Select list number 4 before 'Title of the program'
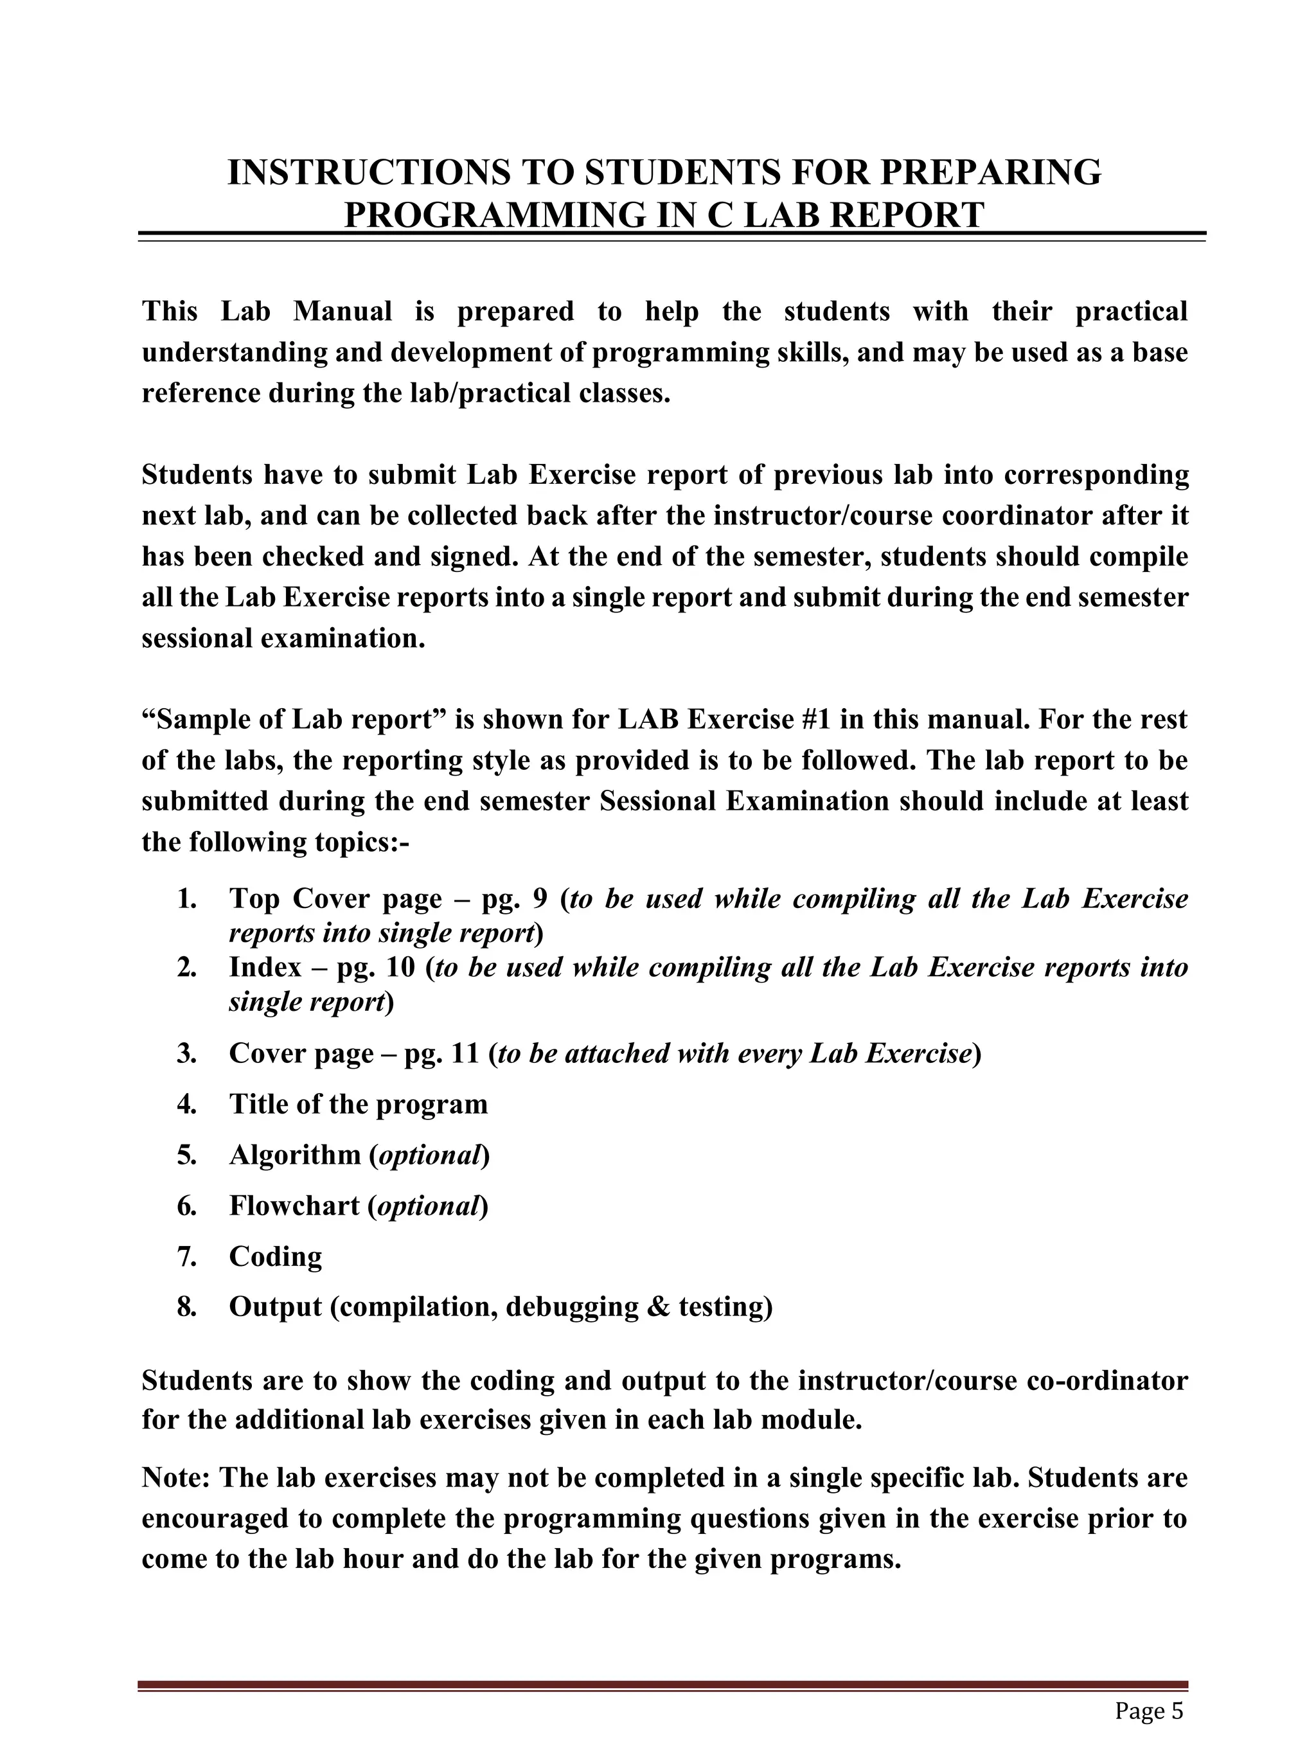[x=186, y=1105]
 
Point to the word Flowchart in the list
[x=294, y=1206]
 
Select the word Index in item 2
[x=265, y=967]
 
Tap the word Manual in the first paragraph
[x=342, y=311]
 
